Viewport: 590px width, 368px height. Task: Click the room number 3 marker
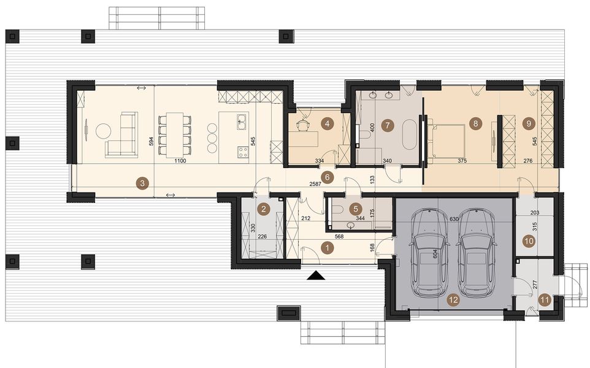point(142,182)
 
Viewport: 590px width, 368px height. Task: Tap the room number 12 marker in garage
point(453,301)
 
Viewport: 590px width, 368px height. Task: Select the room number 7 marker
point(386,125)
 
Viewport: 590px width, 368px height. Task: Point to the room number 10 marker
point(529,241)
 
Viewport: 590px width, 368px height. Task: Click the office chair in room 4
point(304,125)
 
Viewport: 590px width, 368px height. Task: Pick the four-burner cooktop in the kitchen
point(243,151)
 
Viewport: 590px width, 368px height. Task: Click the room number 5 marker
point(354,209)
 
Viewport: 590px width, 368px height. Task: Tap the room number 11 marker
point(545,301)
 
